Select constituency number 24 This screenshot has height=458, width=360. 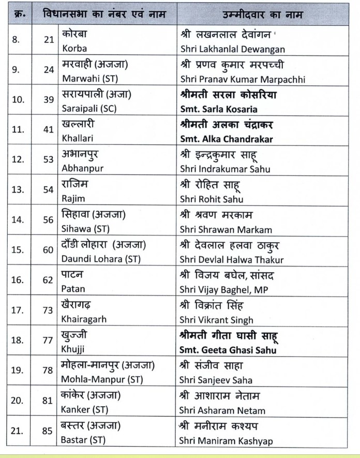click(49, 70)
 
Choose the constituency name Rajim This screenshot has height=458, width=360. click(73, 199)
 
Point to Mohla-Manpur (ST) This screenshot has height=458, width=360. click(101, 380)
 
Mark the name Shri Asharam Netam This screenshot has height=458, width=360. click(222, 410)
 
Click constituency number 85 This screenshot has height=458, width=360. click(49, 431)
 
